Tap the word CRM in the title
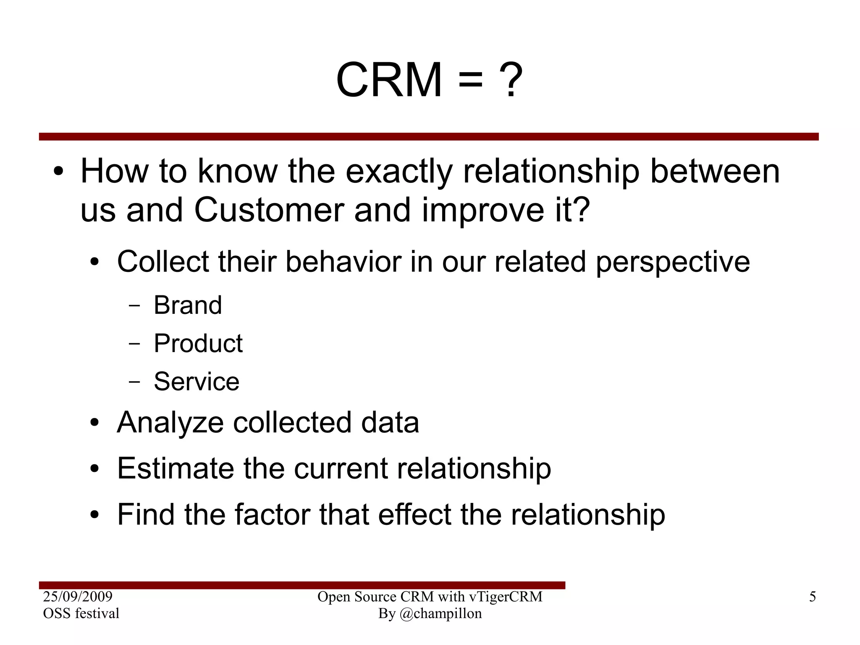pyautogui.click(x=389, y=80)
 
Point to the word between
pyautogui.click(x=715, y=171)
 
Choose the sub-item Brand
pyautogui.click(x=188, y=305)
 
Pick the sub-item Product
pyautogui.click(x=198, y=343)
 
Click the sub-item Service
pyautogui.click(x=197, y=382)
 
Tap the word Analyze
pyautogui.click(x=170, y=423)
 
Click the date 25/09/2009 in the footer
pyautogui.click(x=78, y=597)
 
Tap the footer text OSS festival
pyautogui.click(x=81, y=613)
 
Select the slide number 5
pyautogui.click(x=813, y=597)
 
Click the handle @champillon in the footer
pyautogui.click(x=440, y=613)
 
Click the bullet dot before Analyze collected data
pyautogui.click(x=94, y=423)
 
